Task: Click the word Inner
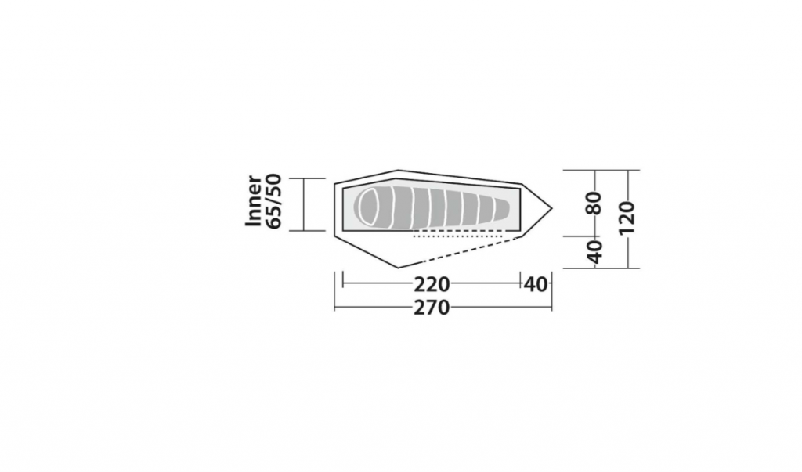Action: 255,201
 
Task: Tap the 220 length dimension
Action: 432,284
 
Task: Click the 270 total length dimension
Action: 432,308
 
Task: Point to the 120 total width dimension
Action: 627,218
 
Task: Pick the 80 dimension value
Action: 594,203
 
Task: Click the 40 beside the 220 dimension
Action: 536,284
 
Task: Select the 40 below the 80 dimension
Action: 594,251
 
